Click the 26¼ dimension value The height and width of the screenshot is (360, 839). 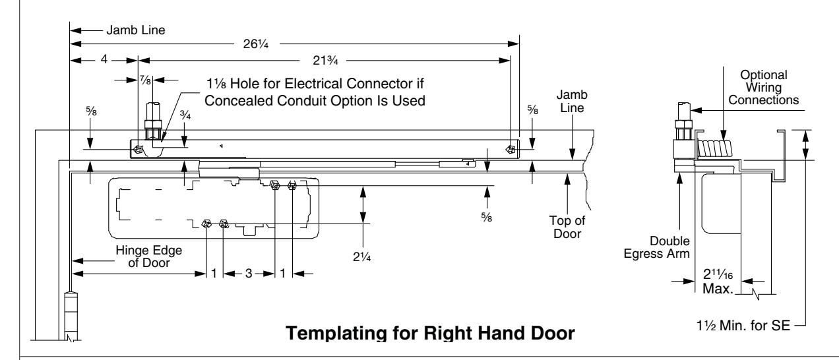[256, 44]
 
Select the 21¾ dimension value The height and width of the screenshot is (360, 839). [325, 60]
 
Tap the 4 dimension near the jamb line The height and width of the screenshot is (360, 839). [104, 59]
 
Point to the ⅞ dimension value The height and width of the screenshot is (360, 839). [145, 80]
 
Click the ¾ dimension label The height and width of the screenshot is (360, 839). [185, 115]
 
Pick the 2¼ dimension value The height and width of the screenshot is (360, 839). [362, 256]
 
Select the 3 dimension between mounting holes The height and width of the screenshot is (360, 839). [248, 274]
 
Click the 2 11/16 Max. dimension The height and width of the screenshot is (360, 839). [718, 282]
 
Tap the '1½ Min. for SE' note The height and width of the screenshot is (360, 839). [743, 326]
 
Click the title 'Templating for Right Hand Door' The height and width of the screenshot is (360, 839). [430, 333]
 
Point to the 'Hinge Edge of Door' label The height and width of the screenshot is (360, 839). [148, 256]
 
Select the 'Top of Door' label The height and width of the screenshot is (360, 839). [567, 227]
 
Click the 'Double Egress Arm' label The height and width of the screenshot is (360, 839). [656, 247]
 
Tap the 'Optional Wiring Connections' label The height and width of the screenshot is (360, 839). [763, 88]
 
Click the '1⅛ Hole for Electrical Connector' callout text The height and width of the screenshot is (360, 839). [315, 92]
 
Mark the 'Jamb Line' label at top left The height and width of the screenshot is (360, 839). [136, 30]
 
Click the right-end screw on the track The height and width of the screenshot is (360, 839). [510, 150]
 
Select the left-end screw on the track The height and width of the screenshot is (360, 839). [139, 149]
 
